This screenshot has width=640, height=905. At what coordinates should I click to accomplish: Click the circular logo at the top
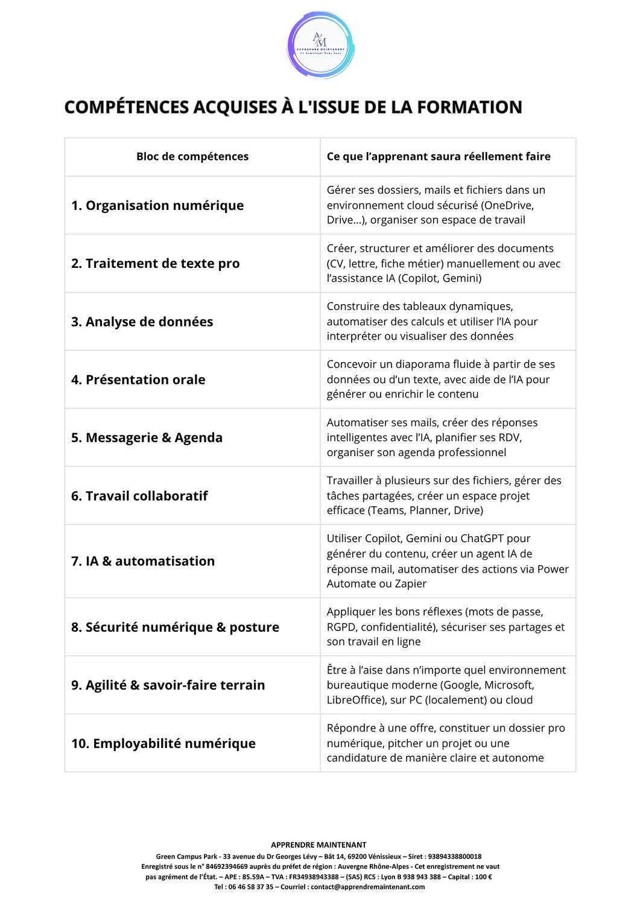pyautogui.click(x=320, y=45)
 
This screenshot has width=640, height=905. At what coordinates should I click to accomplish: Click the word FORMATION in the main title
pyautogui.click(x=469, y=107)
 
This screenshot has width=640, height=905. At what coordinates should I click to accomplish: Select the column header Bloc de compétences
pyautogui.click(x=192, y=157)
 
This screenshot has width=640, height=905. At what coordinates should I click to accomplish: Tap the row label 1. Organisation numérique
pyautogui.click(x=157, y=206)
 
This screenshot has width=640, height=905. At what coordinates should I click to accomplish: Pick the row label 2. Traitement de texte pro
pyautogui.click(x=156, y=264)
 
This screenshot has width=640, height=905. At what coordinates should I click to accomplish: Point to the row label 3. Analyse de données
pyautogui.click(x=142, y=322)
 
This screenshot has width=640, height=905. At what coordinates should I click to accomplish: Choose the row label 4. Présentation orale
pyautogui.click(x=138, y=380)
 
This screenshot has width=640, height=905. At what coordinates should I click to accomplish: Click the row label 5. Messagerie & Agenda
pyautogui.click(x=147, y=438)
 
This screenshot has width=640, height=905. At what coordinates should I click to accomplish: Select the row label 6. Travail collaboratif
pyautogui.click(x=139, y=496)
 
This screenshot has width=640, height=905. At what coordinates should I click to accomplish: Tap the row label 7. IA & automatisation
pyautogui.click(x=143, y=562)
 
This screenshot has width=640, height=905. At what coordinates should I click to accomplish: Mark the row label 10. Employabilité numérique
pyautogui.click(x=163, y=744)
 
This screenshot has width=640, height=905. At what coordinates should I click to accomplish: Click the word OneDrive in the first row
pyautogui.click(x=507, y=206)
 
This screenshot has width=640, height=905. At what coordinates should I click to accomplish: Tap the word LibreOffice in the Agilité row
pyautogui.click(x=356, y=700)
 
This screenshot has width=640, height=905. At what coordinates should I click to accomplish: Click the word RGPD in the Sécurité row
pyautogui.click(x=341, y=627)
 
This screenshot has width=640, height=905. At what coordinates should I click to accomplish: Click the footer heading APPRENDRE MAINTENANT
pyautogui.click(x=318, y=845)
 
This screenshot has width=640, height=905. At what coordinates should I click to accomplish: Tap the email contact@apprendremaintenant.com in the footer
pyautogui.click(x=368, y=887)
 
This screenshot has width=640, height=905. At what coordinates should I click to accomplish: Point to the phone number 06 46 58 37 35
pyautogui.click(x=250, y=887)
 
